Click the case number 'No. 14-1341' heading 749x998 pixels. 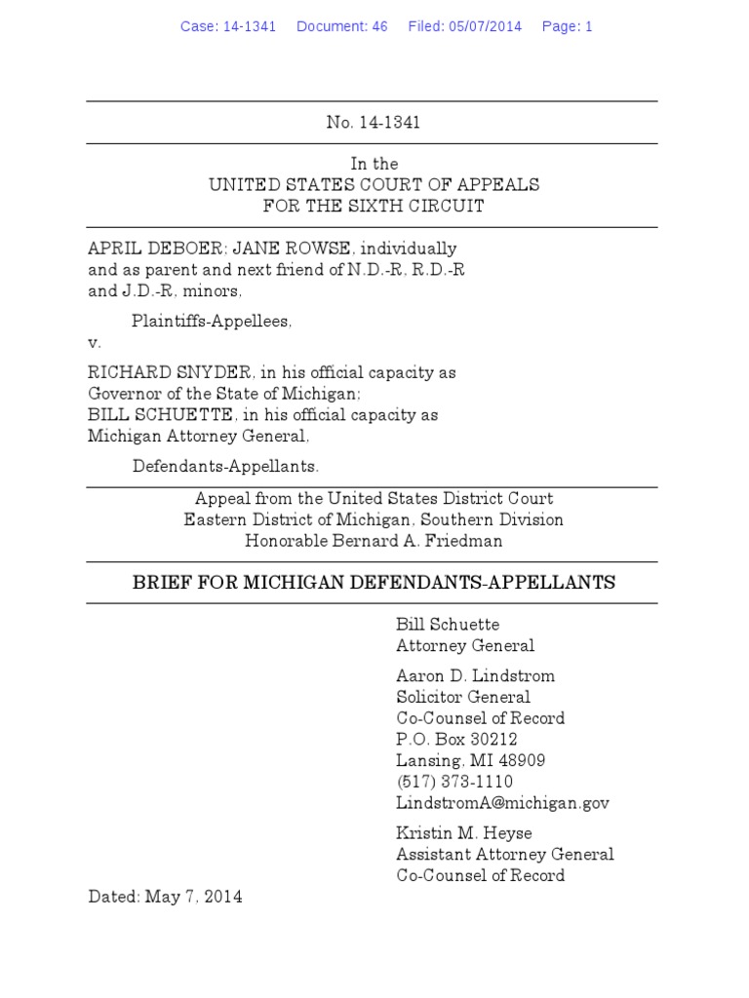[x=373, y=123]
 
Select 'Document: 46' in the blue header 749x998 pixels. [x=341, y=26]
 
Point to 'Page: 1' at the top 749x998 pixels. [x=567, y=26]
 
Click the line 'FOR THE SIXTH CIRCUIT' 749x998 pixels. [x=374, y=206]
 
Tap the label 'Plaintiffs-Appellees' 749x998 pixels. [x=212, y=321]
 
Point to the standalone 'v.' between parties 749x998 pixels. [x=95, y=342]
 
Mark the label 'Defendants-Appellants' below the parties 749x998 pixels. [x=225, y=466]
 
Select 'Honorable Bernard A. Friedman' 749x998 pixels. [x=374, y=541]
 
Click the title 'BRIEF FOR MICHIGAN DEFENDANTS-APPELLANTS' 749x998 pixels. [x=374, y=583]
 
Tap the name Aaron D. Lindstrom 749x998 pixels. [x=462, y=675]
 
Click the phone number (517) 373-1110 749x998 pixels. [x=453, y=782]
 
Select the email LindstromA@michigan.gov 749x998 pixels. [x=502, y=803]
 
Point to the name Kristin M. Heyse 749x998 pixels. [x=463, y=833]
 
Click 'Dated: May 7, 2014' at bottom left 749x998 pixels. [x=165, y=897]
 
